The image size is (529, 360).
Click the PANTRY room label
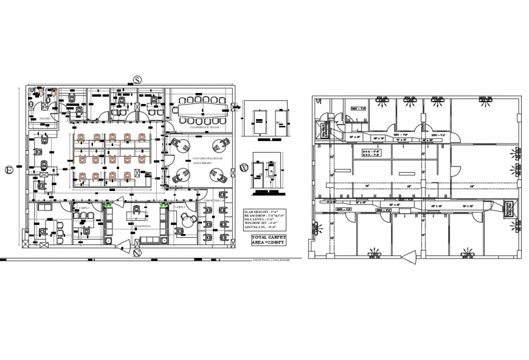coord(44,119)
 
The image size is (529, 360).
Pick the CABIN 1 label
coord(83,208)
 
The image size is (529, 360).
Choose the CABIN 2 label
coord(179,207)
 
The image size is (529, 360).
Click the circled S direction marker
coord(137,80)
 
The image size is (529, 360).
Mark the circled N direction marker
coord(137,252)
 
